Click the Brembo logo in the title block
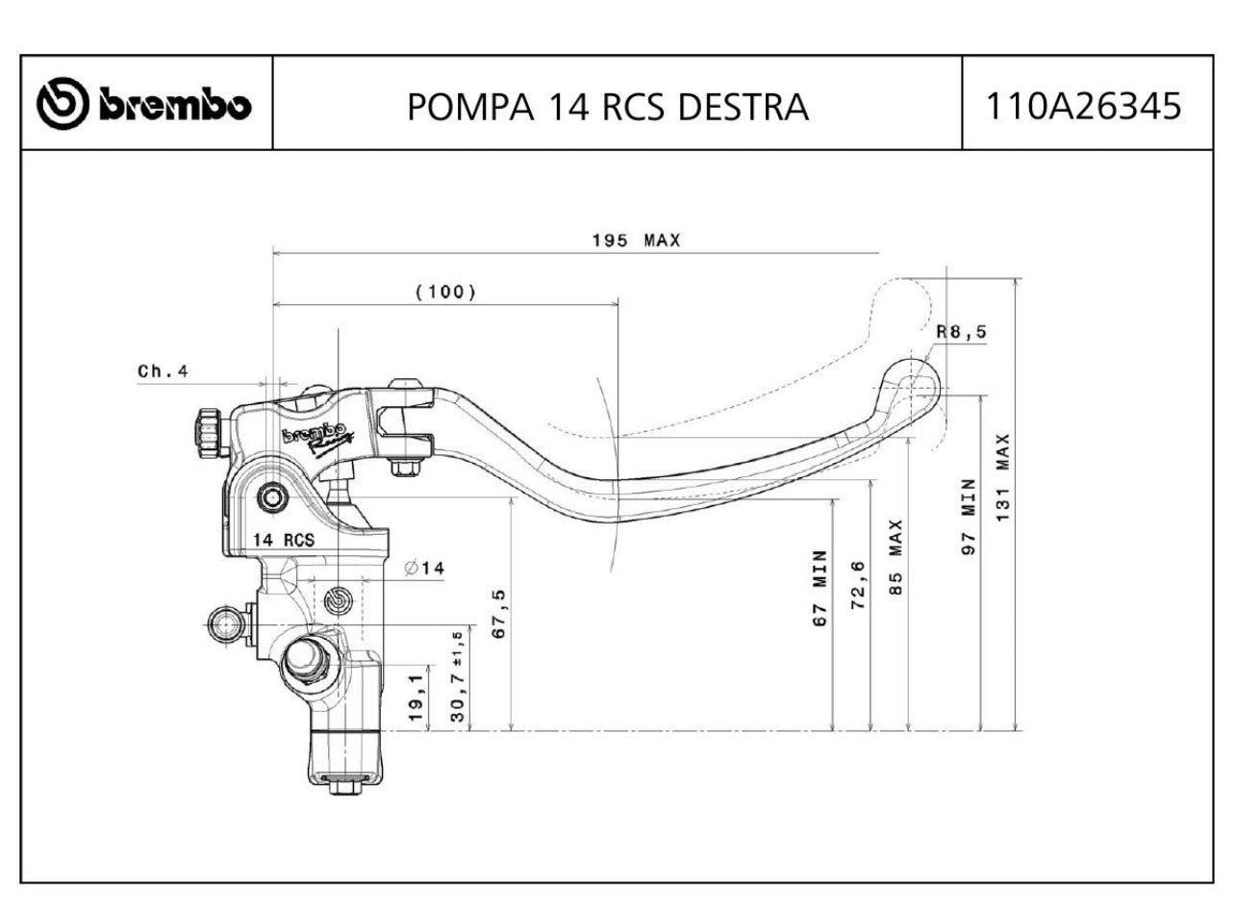click(145, 104)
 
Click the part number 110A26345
click(1086, 105)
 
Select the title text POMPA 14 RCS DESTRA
click(607, 107)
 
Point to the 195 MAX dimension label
click(635, 241)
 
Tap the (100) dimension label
click(445, 292)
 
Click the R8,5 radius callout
click(961, 332)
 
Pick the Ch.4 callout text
click(163, 370)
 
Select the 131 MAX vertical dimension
click(1003, 477)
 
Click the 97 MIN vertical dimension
click(970, 516)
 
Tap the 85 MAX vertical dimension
click(896, 558)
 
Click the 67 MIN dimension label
click(819, 589)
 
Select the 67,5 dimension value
click(499, 613)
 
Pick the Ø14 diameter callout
click(425, 569)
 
